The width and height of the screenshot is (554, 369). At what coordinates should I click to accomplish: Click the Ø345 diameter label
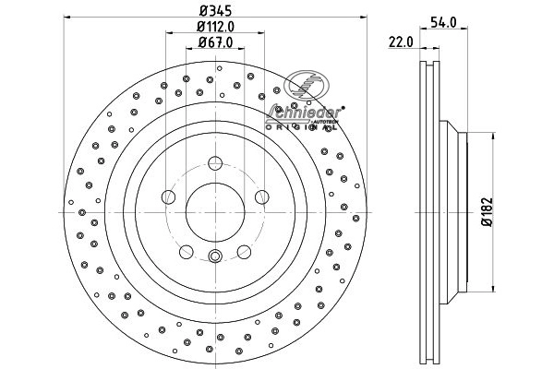pos(214,12)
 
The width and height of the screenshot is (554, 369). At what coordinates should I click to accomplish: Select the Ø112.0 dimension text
pos(214,27)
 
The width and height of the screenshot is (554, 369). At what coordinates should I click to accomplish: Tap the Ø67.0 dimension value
pos(214,42)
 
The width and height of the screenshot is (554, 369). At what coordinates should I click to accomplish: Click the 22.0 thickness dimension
pos(400,42)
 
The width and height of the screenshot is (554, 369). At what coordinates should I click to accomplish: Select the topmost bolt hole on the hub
pos(214,163)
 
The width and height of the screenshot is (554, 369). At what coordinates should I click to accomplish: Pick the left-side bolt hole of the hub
pos(169,196)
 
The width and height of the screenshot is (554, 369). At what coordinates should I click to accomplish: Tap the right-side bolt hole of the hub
pos(260,196)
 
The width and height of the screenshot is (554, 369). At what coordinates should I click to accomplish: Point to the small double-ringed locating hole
pos(214,257)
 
